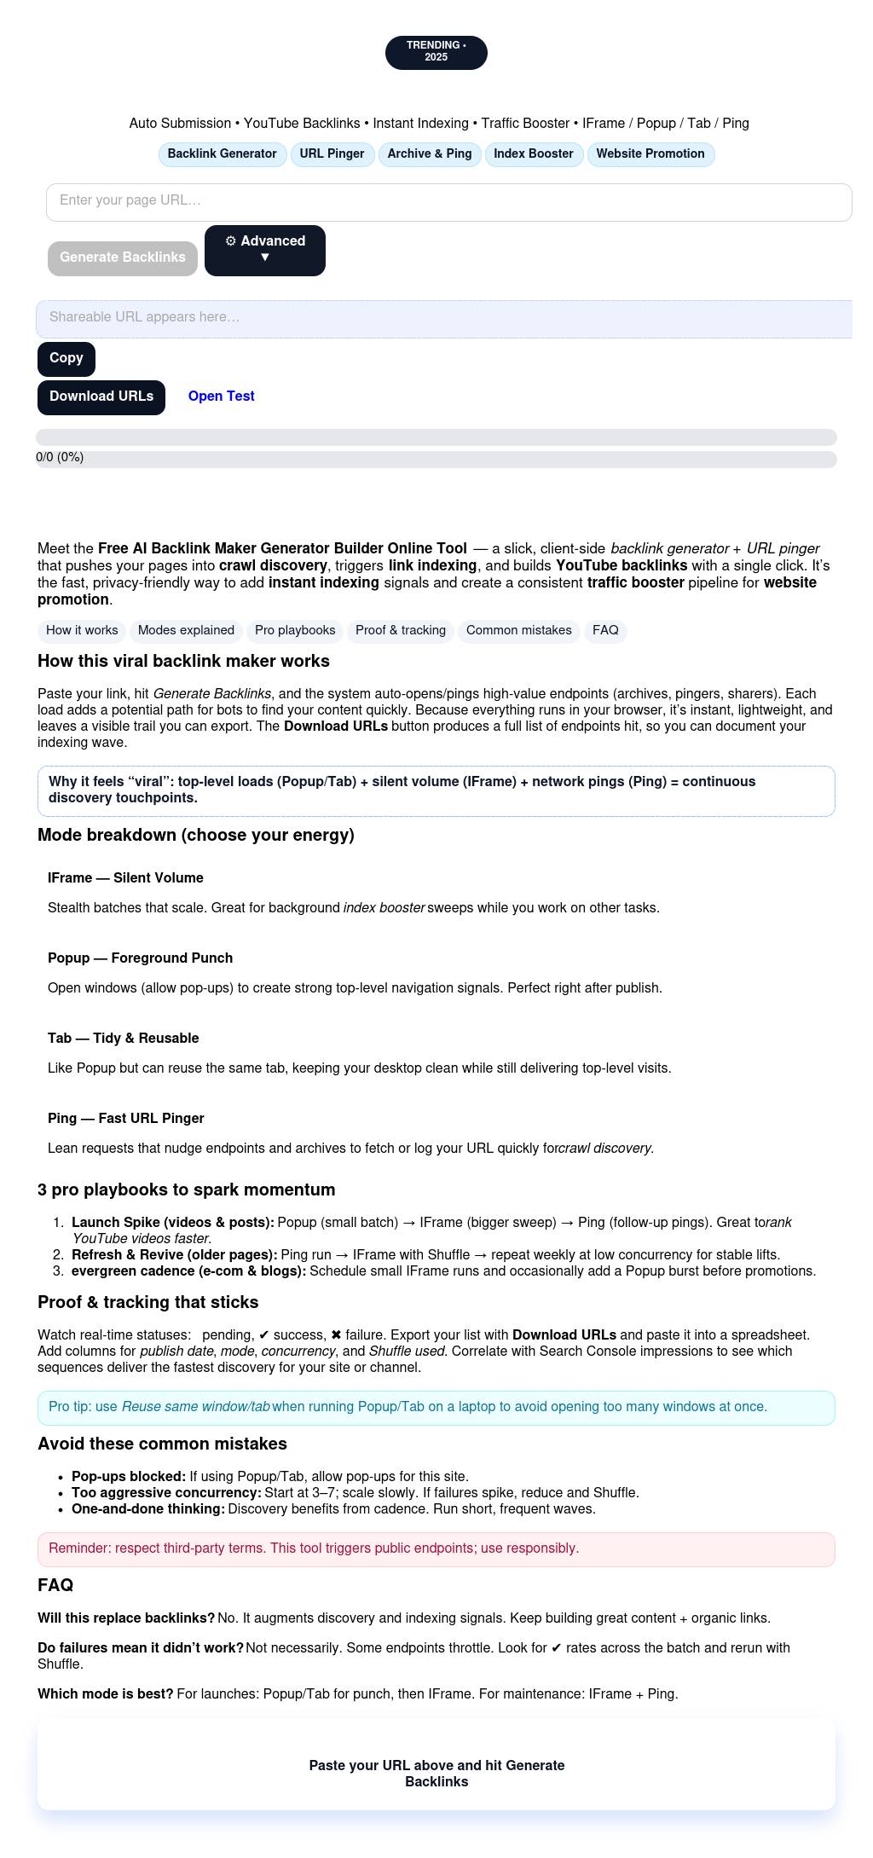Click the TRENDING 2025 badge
click(x=436, y=52)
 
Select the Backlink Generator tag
click(x=222, y=154)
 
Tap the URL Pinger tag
click(x=332, y=154)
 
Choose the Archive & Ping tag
click(x=429, y=154)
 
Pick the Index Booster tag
click(x=533, y=154)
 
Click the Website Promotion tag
click(x=650, y=154)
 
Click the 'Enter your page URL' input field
click(x=448, y=202)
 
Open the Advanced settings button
click(x=264, y=250)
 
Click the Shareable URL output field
click(x=443, y=318)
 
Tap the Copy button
click(x=66, y=358)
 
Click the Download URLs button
click(x=101, y=396)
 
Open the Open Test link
click(x=221, y=396)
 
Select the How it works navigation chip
click(x=82, y=631)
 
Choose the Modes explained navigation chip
click(x=186, y=631)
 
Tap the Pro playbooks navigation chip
click(x=295, y=631)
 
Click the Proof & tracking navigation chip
click(x=401, y=631)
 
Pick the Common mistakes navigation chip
click(x=518, y=631)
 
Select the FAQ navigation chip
click(x=605, y=631)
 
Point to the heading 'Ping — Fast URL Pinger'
click(x=125, y=1118)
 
